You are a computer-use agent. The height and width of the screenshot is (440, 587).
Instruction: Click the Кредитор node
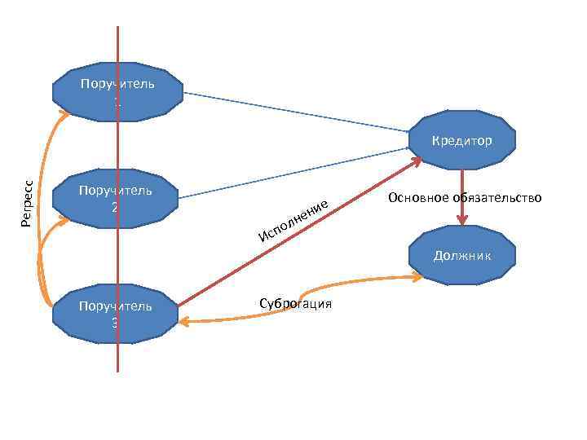coord(462,140)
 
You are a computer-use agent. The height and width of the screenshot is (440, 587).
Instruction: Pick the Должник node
coord(462,256)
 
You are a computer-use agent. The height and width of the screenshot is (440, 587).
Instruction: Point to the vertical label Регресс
coord(28,204)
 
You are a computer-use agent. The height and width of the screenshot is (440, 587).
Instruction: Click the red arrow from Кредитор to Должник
coord(462,196)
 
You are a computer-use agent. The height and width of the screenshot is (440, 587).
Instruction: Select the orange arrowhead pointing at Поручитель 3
coord(183,322)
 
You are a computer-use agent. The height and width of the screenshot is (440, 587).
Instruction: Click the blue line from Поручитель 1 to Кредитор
coord(293,112)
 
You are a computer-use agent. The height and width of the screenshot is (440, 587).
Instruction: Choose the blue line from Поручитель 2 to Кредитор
coord(293,173)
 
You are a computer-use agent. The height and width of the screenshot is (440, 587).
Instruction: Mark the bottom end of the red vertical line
coord(118,370)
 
